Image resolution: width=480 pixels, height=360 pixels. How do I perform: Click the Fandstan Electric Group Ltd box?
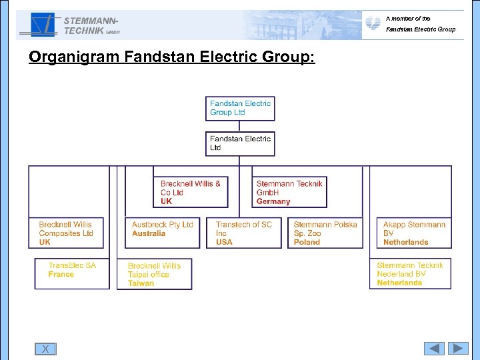[x=240, y=108]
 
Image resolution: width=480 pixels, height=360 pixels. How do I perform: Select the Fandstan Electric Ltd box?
[x=240, y=143]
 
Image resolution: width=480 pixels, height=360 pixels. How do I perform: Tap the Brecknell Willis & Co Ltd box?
[x=191, y=192]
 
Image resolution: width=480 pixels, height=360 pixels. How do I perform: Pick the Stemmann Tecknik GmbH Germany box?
[x=291, y=192]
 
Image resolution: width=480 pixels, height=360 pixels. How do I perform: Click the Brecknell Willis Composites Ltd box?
[x=69, y=233]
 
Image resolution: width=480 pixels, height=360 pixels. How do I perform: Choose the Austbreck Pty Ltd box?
[x=163, y=233]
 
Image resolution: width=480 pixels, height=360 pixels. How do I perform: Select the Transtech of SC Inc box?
[x=244, y=233]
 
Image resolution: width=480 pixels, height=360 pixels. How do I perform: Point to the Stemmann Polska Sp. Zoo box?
[x=326, y=233]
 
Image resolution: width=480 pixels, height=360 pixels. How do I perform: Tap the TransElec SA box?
[x=72, y=273]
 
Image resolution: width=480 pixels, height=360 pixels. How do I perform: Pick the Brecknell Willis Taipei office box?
[x=154, y=274]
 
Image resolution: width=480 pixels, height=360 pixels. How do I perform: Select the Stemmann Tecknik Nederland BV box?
[x=410, y=274]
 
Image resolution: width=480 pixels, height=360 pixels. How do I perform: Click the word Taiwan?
[x=141, y=283]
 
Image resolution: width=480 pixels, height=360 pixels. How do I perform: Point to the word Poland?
[x=307, y=243]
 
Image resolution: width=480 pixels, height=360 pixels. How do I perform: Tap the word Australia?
[x=149, y=234]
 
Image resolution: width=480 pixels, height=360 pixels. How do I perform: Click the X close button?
[x=45, y=349]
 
